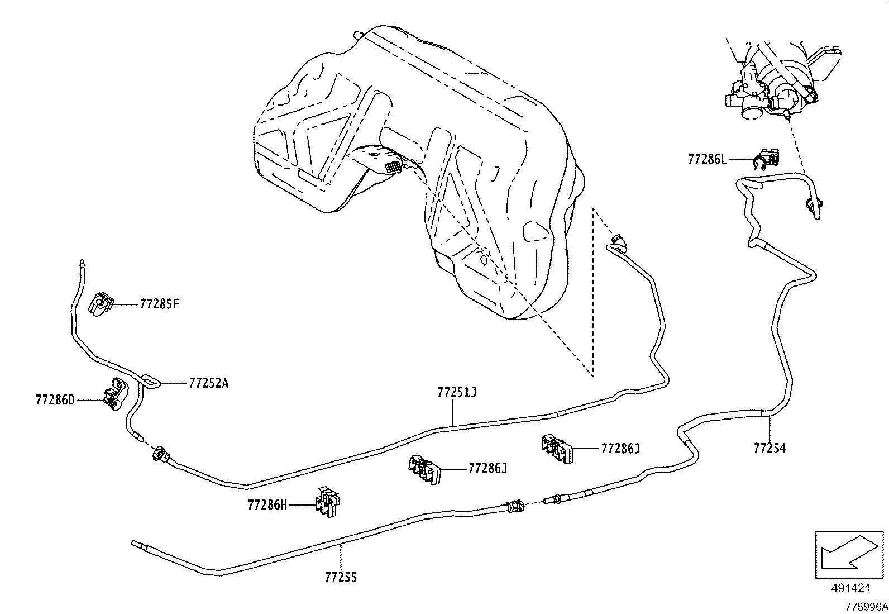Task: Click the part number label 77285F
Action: (x=159, y=304)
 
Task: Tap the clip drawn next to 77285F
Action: (x=101, y=304)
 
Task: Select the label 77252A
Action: (x=209, y=383)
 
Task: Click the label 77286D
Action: (x=55, y=400)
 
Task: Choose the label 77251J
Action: (x=457, y=393)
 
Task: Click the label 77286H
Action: (x=267, y=505)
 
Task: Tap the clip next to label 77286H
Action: (x=328, y=502)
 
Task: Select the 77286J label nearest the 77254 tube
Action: (x=620, y=449)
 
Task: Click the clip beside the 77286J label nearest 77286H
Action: (x=424, y=469)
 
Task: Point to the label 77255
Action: (x=341, y=577)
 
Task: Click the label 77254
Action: (x=769, y=448)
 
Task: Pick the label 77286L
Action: (x=708, y=159)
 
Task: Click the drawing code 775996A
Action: (x=866, y=607)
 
